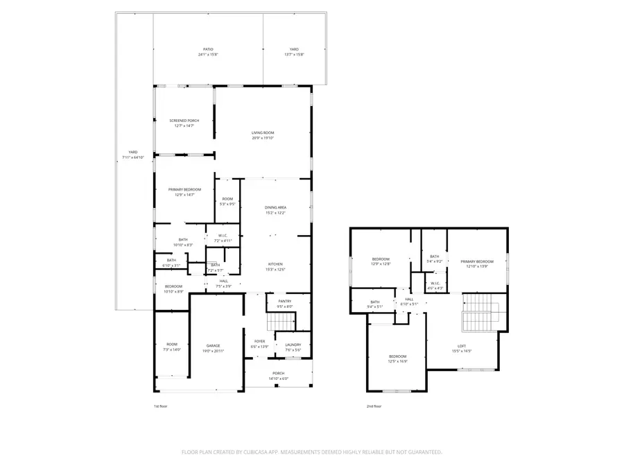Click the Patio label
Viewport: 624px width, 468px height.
pos(206,50)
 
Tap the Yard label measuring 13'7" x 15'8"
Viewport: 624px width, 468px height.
pos(294,50)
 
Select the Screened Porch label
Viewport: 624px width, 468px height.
pos(184,121)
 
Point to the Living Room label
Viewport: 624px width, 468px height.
pos(263,132)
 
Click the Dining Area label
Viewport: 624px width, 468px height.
pos(275,207)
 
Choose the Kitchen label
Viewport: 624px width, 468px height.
pos(275,264)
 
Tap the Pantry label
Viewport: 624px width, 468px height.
pos(285,301)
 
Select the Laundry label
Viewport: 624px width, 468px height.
pos(292,345)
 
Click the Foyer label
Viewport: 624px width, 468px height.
pos(259,342)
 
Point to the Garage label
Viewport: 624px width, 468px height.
pos(214,346)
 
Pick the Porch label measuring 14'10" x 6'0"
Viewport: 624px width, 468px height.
pos(278,373)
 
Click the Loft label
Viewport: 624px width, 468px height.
pos(462,346)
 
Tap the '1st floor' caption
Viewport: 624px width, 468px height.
pos(160,406)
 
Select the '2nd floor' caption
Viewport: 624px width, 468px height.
pos(374,406)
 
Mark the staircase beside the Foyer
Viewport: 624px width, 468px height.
pos(280,322)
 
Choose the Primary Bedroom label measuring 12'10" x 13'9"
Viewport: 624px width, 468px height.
pos(477,261)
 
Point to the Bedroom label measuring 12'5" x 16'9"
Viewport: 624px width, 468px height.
pos(397,356)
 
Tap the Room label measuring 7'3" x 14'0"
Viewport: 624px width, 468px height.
pos(171,345)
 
